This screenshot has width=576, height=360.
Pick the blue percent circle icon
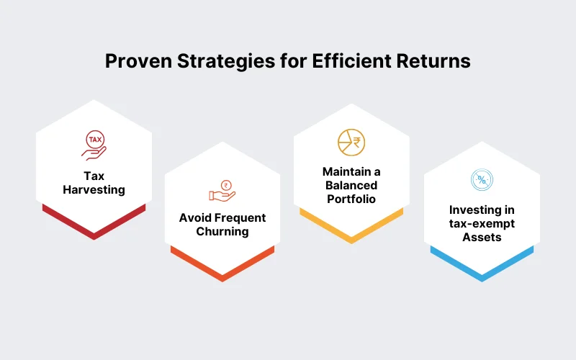(481, 181)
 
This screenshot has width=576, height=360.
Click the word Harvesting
(94, 190)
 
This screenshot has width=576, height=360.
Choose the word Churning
(222, 231)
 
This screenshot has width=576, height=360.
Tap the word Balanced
(351, 186)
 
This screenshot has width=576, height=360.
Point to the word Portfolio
(351, 199)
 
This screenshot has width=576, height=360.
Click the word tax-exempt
(481, 223)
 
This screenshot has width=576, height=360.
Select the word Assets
(481, 236)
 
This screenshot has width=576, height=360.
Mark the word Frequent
(239, 217)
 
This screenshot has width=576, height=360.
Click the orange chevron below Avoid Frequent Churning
(222, 266)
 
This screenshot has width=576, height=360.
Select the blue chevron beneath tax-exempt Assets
(481, 266)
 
